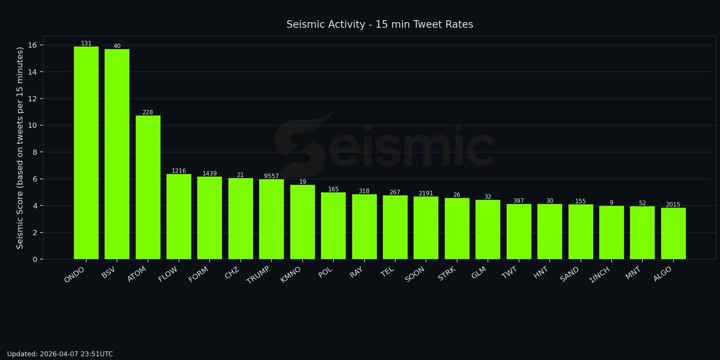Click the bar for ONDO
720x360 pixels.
86,152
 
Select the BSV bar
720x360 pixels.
117,154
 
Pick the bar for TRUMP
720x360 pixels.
271,219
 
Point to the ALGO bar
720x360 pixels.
673,233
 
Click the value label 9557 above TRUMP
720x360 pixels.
271,176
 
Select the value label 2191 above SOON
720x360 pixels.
426,193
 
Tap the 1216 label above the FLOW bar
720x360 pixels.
179,171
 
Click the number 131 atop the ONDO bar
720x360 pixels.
86,43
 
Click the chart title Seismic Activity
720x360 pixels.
380,25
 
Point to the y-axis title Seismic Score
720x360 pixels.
20,147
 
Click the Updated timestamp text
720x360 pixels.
60,354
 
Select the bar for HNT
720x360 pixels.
550,232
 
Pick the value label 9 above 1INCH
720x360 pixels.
611,203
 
